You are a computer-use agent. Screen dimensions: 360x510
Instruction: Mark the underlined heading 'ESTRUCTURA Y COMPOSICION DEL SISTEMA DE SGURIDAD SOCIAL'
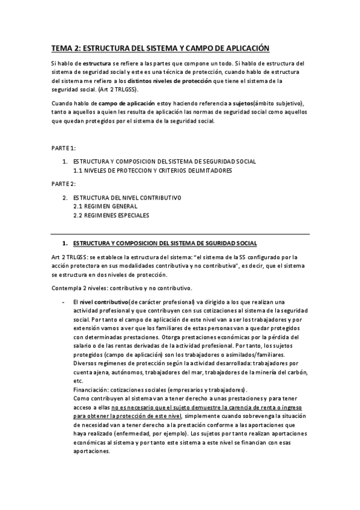(164, 243)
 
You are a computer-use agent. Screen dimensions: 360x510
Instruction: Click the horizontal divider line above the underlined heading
(180, 233)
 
